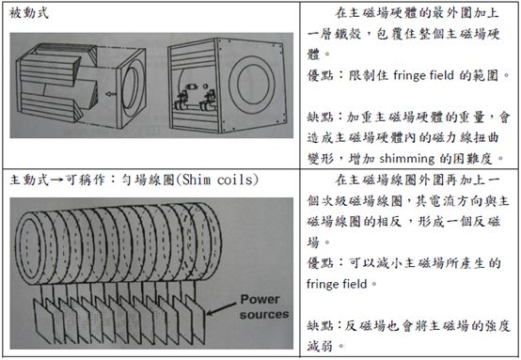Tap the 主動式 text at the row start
point(27,180)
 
